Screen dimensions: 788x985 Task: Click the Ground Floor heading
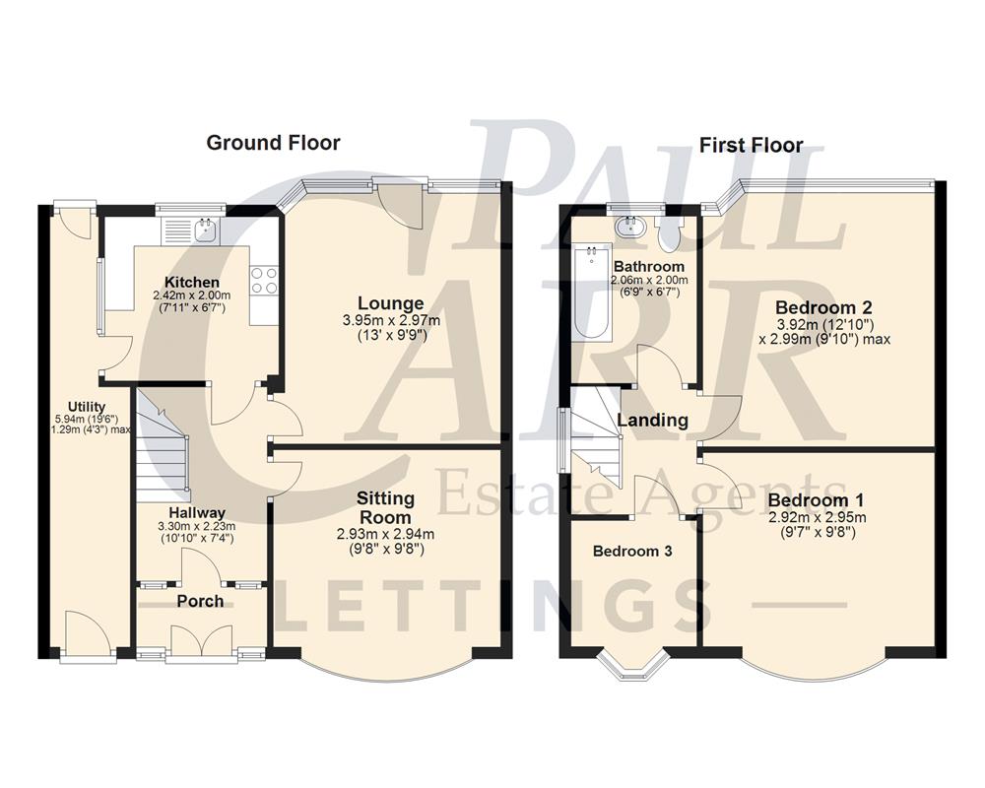pyautogui.click(x=273, y=143)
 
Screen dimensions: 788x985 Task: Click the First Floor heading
pyautogui.click(x=751, y=146)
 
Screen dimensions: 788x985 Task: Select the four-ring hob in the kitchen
pyautogui.click(x=264, y=281)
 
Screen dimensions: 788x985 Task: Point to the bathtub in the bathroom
pyautogui.click(x=593, y=294)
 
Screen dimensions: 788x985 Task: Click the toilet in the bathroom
pyautogui.click(x=673, y=232)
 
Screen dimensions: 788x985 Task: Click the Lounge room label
pyautogui.click(x=391, y=303)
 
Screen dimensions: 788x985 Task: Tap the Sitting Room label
pyautogui.click(x=386, y=507)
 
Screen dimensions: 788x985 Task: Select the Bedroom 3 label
pyautogui.click(x=631, y=552)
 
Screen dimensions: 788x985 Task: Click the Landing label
pyautogui.click(x=652, y=421)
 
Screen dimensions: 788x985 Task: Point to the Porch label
pyautogui.click(x=200, y=601)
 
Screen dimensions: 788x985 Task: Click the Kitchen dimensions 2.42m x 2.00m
pyautogui.click(x=191, y=295)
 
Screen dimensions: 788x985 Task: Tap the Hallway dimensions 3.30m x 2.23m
pyautogui.click(x=197, y=526)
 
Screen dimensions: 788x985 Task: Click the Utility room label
pyautogui.click(x=87, y=407)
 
